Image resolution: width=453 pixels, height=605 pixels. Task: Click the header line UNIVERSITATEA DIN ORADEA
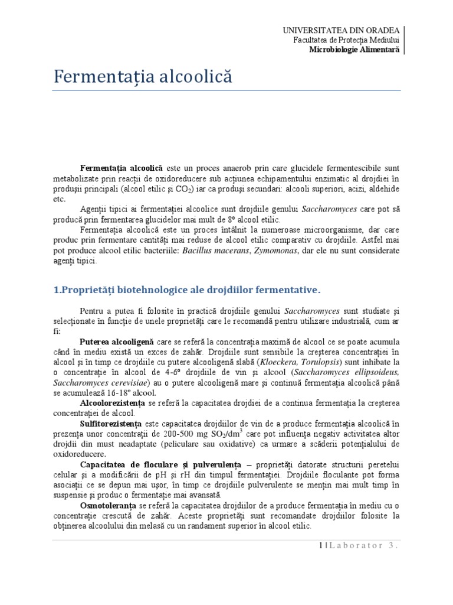coord(341,30)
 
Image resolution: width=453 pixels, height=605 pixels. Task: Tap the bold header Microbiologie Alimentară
coord(354,50)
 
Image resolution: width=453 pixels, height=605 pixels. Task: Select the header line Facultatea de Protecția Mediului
coord(346,40)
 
